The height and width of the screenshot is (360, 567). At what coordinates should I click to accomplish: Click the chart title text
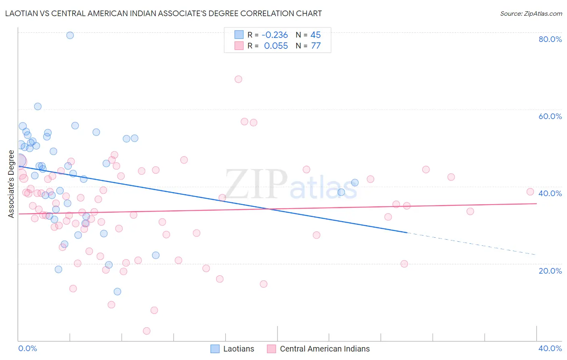[163, 13]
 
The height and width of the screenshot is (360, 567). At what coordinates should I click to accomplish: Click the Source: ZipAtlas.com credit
[531, 14]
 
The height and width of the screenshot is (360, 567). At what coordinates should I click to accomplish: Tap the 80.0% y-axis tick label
[550, 39]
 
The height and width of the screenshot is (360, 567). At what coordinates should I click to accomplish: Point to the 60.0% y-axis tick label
[550, 116]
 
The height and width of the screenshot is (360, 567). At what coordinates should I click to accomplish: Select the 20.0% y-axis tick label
[550, 271]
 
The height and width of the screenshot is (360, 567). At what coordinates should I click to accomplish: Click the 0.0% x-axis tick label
[27, 348]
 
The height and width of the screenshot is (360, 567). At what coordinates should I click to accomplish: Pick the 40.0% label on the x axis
[550, 348]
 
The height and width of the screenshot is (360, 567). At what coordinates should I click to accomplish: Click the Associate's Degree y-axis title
[11, 184]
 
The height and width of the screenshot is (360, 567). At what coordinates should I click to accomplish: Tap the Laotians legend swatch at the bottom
[215, 349]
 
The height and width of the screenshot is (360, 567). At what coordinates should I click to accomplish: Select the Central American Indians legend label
[325, 349]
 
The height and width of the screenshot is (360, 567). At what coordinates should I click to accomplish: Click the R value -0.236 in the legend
[275, 35]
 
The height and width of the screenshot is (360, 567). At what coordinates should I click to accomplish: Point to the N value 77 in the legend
[316, 46]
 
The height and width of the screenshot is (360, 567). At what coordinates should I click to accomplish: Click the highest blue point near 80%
[70, 35]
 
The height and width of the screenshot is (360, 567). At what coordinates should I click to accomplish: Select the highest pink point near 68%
[238, 79]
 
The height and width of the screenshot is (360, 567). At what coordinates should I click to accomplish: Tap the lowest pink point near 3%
[147, 331]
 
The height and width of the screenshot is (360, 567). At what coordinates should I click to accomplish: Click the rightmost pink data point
[530, 192]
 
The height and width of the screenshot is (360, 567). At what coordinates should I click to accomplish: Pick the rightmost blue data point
[355, 183]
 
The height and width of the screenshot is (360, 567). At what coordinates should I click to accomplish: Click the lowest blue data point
[117, 291]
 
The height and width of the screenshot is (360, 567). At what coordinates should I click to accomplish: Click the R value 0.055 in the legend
[276, 46]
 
